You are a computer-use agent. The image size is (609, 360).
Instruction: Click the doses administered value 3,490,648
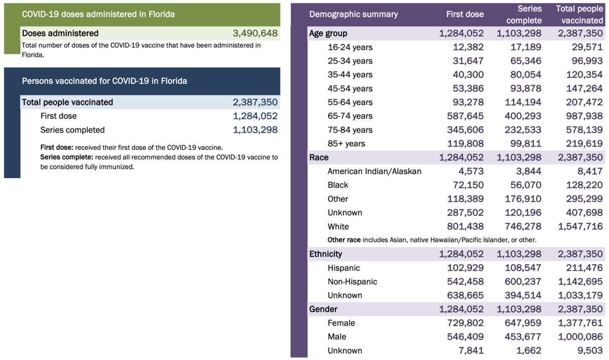tap(255, 34)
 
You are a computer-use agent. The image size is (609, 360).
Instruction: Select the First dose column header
tap(465, 14)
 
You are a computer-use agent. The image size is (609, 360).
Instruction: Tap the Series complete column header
tap(524, 14)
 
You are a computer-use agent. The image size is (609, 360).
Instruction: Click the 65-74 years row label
tap(350, 116)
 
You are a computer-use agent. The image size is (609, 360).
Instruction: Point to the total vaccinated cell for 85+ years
tap(581, 144)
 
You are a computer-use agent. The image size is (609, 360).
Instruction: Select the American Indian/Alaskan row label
tap(375, 171)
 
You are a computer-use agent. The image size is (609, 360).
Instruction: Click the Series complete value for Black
tap(523, 185)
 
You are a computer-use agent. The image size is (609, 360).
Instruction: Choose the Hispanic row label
tap(344, 268)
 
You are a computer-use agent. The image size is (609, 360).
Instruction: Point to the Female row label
tap(341, 323)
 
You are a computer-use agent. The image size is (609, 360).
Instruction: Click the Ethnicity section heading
tap(325, 254)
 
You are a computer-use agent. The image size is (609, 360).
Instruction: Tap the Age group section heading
tap(328, 34)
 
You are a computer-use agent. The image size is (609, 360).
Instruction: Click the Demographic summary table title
tap(353, 14)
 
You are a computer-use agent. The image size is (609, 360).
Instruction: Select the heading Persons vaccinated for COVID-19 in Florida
tap(104, 81)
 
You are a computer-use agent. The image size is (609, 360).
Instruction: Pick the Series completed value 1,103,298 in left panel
tap(255, 130)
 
